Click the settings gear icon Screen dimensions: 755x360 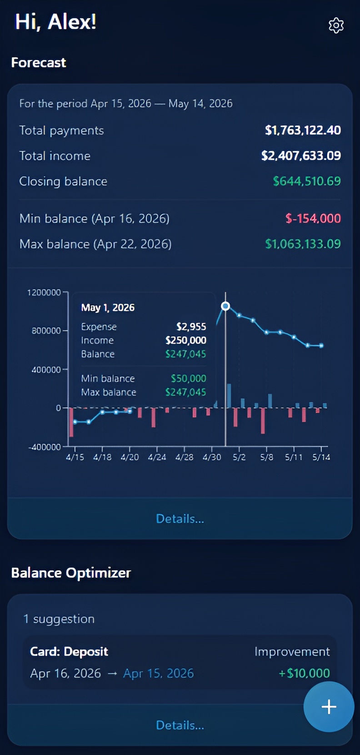[336, 25]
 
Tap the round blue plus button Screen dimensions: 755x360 [329, 706]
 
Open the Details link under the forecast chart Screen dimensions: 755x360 [180, 518]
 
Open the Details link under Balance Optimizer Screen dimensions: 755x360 [180, 725]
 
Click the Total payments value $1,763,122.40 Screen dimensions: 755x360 [303, 131]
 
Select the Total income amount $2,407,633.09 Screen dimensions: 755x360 [301, 156]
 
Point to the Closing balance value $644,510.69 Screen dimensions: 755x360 [307, 181]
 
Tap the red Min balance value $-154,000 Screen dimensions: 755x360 [313, 219]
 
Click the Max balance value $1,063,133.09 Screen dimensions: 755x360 [303, 244]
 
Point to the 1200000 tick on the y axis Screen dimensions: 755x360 [44, 292]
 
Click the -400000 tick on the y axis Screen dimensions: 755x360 [45, 447]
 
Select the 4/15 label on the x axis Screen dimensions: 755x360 [75, 457]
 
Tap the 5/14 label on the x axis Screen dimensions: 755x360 [321, 457]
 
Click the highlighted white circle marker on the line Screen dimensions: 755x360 [225, 306]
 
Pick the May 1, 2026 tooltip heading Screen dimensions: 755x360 [108, 308]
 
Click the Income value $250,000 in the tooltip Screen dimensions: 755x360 [185, 340]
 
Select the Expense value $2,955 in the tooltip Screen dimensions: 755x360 [191, 327]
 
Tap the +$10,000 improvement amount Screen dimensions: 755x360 [304, 673]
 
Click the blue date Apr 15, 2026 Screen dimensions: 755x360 [158, 673]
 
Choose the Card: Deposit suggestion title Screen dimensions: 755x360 [69, 652]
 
